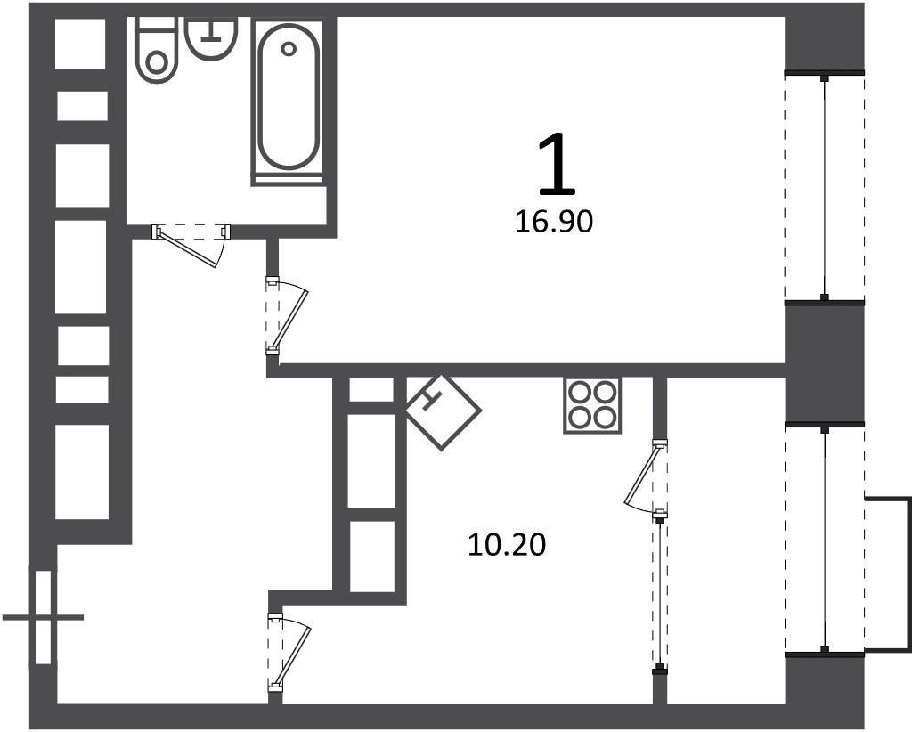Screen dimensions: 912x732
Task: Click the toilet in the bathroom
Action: click(156, 51)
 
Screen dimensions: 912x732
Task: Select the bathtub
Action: click(289, 102)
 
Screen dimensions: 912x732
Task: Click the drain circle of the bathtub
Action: click(289, 49)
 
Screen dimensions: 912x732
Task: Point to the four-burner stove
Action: click(592, 405)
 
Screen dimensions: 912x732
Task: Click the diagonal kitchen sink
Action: click(444, 412)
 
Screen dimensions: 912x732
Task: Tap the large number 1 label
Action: click(557, 164)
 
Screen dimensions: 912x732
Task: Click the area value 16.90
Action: click(554, 222)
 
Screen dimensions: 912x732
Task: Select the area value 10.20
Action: click(507, 545)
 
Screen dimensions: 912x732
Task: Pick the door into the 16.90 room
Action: click(286, 315)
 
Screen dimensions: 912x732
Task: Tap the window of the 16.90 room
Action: click(824, 187)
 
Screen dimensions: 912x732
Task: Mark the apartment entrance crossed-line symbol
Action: click(44, 617)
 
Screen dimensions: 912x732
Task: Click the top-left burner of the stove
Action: click(579, 394)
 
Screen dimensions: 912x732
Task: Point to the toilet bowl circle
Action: click(156, 62)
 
